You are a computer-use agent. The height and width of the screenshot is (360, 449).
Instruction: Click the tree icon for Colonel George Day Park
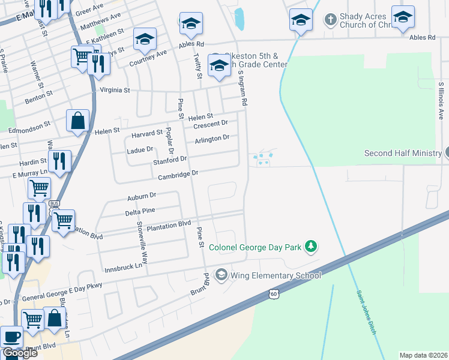pyautogui.click(x=310, y=246)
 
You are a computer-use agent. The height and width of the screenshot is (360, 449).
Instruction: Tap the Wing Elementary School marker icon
pyautogui.click(x=221, y=275)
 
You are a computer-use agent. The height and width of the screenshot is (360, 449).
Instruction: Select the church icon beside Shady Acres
pyautogui.click(x=330, y=20)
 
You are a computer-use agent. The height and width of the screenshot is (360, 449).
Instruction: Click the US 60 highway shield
pyautogui.click(x=274, y=294)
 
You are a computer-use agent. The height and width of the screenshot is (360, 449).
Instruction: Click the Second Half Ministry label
pyautogui.click(x=402, y=153)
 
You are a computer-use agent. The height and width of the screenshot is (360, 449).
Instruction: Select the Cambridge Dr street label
pyautogui.click(x=178, y=175)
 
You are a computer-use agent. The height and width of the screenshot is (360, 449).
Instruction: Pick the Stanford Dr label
pyautogui.click(x=170, y=160)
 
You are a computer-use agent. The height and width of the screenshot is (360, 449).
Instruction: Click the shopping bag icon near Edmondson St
pyautogui.click(x=78, y=121)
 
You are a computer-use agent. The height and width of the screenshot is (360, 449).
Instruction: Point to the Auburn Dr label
pyautogui.click(x=142, y=196)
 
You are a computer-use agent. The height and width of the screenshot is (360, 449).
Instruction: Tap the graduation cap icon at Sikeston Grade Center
pyautogui.click(x=219, y=65)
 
